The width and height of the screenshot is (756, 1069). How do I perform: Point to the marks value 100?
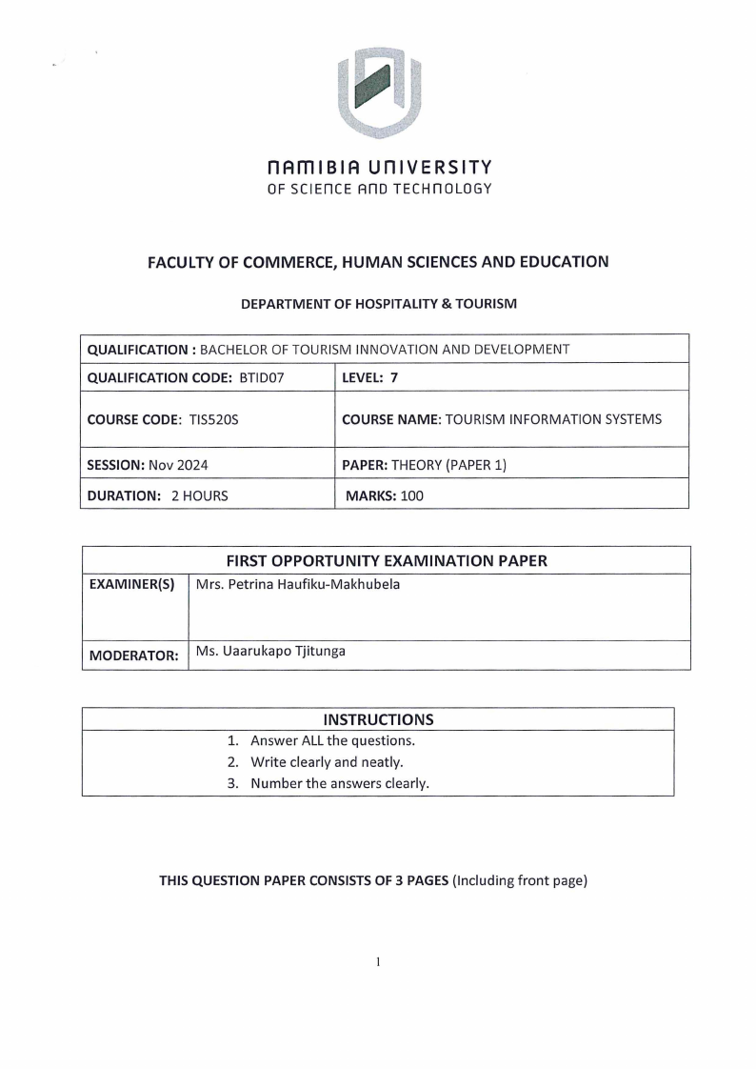click(411, 495)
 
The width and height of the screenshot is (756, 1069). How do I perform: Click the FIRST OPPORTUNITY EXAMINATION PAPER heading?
click(386, 561)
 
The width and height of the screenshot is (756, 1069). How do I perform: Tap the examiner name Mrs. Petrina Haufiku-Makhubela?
click(297, 584)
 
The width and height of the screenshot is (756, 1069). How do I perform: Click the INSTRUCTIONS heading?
click(378, 719)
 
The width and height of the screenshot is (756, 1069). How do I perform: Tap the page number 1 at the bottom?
click(378, 961)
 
